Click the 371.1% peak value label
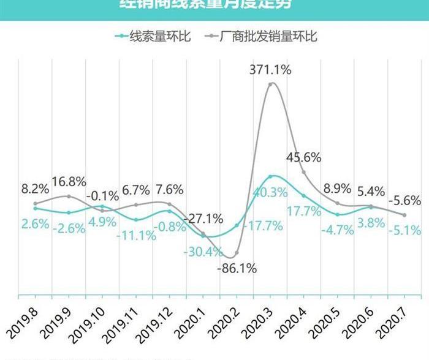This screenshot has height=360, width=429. (270, 70)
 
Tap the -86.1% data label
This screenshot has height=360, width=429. (235, 268)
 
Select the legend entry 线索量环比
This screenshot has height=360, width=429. (153, 37)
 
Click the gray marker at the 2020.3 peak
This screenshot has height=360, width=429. (271, 84)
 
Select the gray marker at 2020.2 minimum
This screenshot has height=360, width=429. (237, 253)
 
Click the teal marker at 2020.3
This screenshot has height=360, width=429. (271, 177)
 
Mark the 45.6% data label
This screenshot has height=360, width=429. (303, 157)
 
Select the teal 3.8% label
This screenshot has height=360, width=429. (371, 223)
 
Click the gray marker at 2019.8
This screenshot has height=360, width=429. (36, 203)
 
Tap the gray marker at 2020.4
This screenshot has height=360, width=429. (304, 172)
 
